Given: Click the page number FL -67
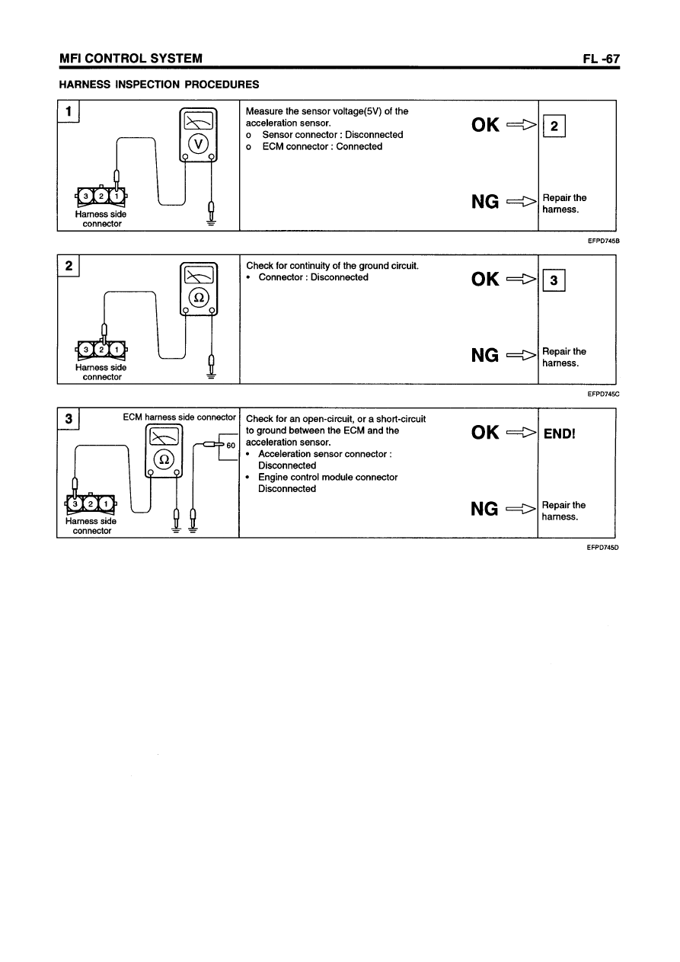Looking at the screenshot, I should click(599, 59).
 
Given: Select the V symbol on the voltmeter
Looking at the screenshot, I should click(197, 143).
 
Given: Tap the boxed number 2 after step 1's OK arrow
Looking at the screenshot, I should click(555, 128).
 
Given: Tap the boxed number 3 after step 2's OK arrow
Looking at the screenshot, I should click(555, 281).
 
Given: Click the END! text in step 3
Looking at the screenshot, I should click(560, 434).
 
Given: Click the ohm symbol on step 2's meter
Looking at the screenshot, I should click(197, 297).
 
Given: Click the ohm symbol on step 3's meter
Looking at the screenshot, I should click(164, 459).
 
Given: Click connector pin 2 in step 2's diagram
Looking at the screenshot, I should click(101, 350).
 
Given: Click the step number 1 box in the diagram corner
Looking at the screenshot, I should click(69, 112).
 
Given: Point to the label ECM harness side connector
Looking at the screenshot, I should click(179, 417).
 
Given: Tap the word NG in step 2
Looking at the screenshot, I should click(485, 355).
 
